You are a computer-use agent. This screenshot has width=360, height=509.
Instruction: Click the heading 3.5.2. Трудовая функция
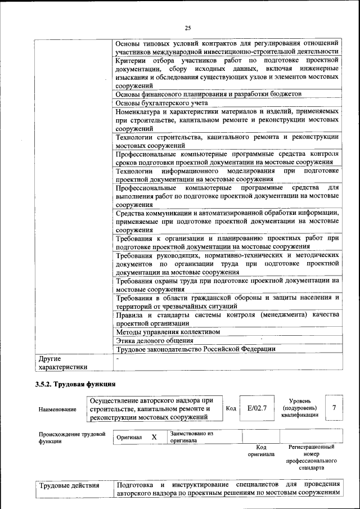75,384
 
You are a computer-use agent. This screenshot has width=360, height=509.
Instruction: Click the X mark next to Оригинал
154,437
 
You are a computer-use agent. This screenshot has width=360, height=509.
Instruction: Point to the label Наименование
57,409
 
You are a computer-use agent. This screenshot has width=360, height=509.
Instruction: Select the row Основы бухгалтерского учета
162,103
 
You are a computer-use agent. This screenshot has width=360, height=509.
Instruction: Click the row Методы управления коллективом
168,332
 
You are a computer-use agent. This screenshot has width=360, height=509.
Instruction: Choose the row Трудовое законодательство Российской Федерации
195,349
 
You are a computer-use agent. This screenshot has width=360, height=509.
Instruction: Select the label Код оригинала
261,451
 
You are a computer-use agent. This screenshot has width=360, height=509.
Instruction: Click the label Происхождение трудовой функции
72,438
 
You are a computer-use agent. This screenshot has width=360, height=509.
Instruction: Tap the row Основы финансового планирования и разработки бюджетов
209,94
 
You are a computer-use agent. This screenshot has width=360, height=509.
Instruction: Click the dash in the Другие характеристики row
118,358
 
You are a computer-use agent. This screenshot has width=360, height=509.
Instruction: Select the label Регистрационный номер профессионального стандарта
311,457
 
